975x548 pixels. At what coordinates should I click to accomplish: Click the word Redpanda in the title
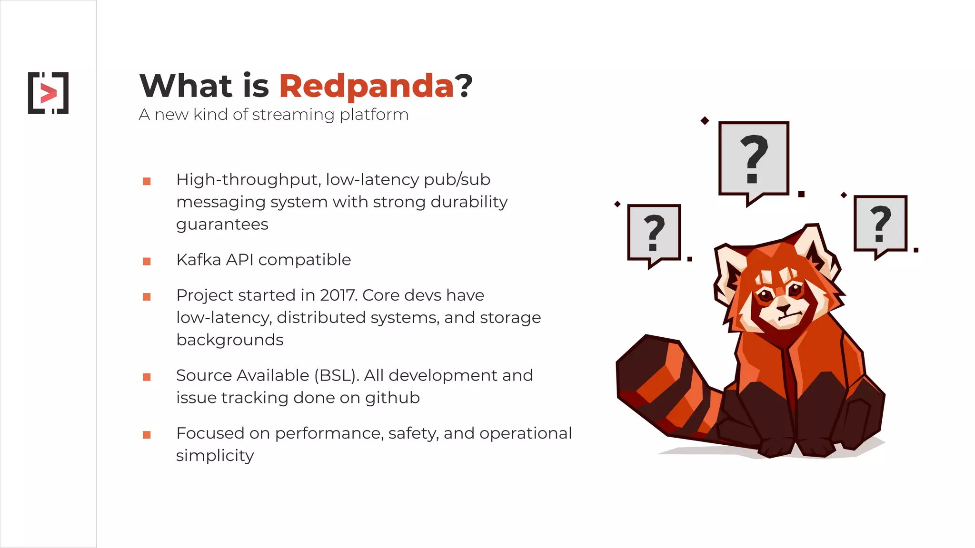pos(366,86)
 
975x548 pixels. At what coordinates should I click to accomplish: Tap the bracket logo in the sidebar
pos(48,93)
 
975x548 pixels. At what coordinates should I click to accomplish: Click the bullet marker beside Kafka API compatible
pos(147,261)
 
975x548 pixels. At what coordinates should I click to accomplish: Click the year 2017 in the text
pos(338,295)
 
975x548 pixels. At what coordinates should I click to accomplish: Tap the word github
pos(392,398)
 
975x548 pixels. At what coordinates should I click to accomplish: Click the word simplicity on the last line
pos(215,456)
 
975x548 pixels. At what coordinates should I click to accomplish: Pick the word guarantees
pos(222,224)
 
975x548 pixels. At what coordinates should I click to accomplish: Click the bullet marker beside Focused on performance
pos(147,435)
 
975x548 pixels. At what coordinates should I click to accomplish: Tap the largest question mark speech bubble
pos(754,159)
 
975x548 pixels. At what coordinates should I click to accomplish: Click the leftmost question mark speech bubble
pos(654,233)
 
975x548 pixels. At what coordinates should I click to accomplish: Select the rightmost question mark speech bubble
pos(880,224)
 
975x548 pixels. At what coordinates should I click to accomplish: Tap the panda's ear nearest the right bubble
pos(815,247)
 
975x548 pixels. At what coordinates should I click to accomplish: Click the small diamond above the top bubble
pos(705,121)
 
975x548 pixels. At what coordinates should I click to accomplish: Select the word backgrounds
pos(229,340)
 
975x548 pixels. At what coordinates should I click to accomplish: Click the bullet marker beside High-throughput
pos(147,181)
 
